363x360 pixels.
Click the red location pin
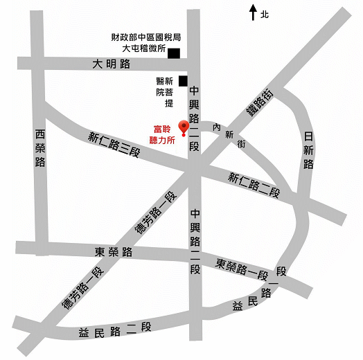tap(184, 127)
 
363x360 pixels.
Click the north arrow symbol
tap(254, 12)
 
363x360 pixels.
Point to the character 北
tap(265, 13)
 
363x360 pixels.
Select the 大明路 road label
tap(112, 64)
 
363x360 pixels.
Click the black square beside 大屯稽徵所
tap(173, 53)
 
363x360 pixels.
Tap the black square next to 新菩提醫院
tap(183, 81)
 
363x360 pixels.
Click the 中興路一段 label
tap(195, 242)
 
